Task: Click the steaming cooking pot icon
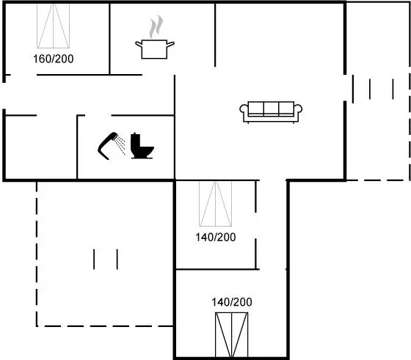tap(155, 37)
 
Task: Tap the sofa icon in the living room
tap(271, 112)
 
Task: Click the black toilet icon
tap(142, 146)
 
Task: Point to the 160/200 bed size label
tap(53, 59)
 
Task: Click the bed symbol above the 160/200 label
tap(53, 26)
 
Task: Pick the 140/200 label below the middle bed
tap(216, 238)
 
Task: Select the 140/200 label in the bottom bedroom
tap(232, 302)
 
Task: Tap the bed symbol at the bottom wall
tap(232, 335)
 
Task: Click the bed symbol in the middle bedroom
tap(216, 204)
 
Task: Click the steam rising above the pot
tap(156, 26)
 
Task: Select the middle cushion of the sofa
tap(271, 109)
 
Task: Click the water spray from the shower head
tap(120, 144)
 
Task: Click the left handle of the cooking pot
tap(139, 45)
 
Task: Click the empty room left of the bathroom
tap(41, 147)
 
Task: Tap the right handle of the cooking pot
tap(170, 44)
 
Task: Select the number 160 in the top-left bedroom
tap(42, 59)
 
